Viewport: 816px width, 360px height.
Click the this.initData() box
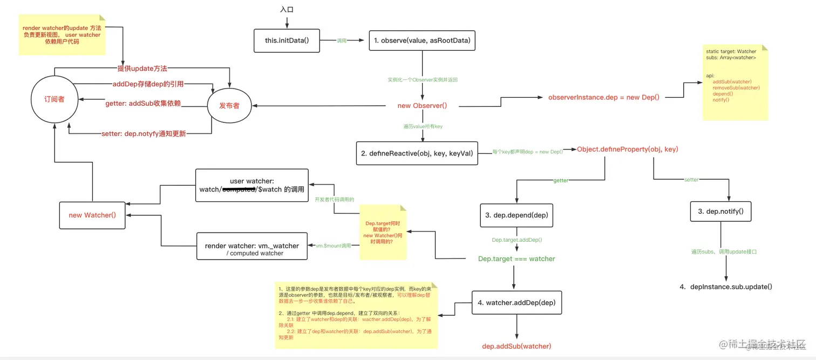pyautogui.click(x=287, y=40)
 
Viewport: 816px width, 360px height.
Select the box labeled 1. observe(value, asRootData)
pyautogui.click(x=422, y=40)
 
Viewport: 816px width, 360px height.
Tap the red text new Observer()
pyautogui.click(x=422, y=106)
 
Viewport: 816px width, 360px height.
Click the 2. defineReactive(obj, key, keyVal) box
pyautogui.click(x=417, y=153)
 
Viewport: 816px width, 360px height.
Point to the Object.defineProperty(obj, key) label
pyautogui.click(x=627, y=149)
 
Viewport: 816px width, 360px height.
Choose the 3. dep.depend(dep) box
pyautogui.click(x=516, y=215)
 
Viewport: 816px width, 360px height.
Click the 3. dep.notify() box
pyautogui.click(x=720, y=212)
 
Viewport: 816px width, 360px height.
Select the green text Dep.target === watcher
pyautogui.click(x=516, y=259)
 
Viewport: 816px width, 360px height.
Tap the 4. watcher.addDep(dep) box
pyautogui.click(x=516, y=303)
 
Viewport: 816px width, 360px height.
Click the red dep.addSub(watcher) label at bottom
pyautogui.click(x=516, y=346)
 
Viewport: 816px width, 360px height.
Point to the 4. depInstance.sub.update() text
pyautogui.click(x=725, y=287)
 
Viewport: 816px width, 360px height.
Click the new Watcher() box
pyautogui.click(x=92, y=215)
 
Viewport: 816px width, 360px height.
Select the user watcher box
pyautogui.click(x=251, y=185)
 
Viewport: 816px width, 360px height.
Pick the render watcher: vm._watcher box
pyautogui.click(x=251, y=249)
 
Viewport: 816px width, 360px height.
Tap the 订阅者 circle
pyautogui.click(x=54, y=100)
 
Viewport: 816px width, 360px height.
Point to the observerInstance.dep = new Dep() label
pyautogui.click(x=603, y=98)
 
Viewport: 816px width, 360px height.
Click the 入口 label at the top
pyautogui.click(x=287, y=10)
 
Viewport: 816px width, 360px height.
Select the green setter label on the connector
pyautogui.click(x=691, y=180)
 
